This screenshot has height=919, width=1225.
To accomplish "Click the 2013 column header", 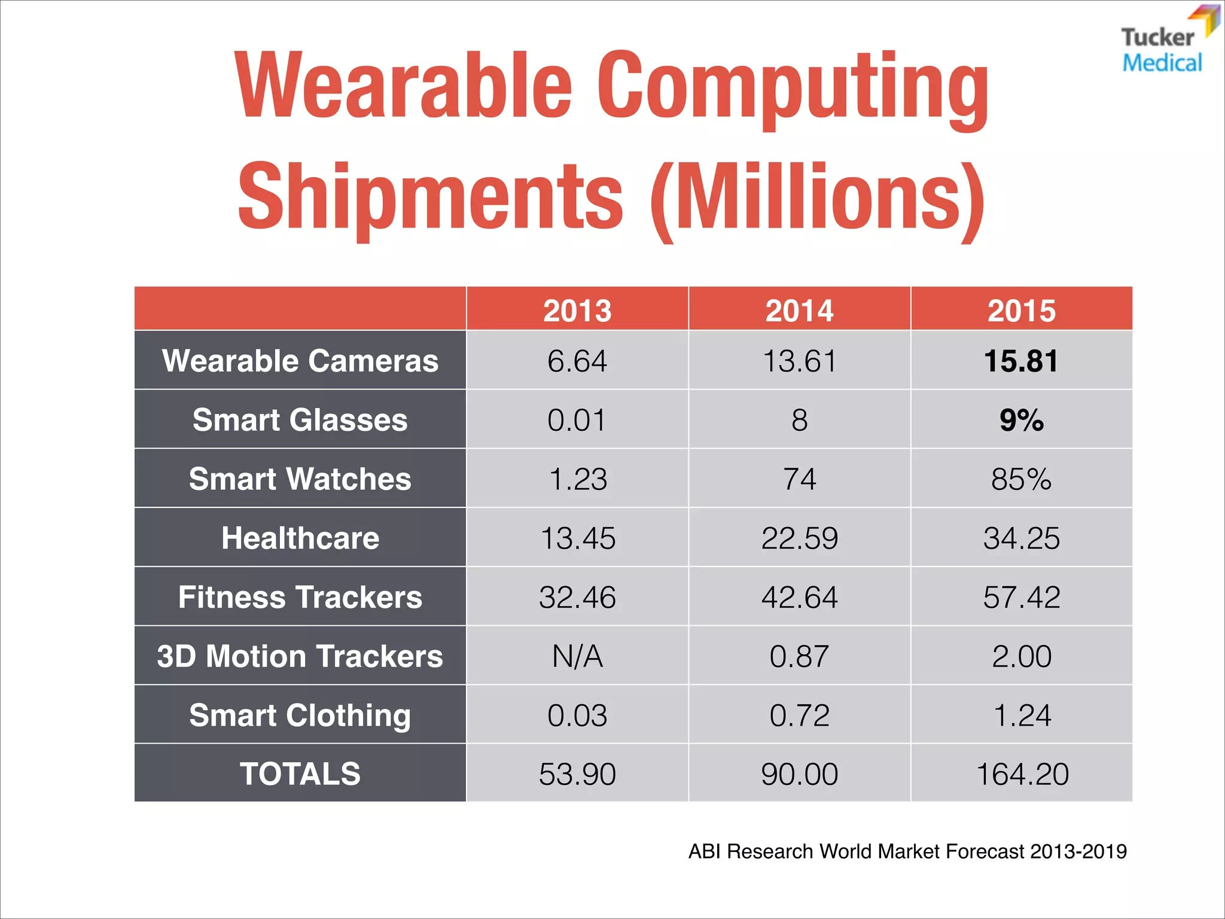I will click(x=577, y=310).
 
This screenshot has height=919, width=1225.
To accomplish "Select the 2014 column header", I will click(x=799, y=310).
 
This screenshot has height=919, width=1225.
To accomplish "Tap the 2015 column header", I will click(x=1022, y=310).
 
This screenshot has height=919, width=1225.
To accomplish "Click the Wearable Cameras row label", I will click(x=300, y=361).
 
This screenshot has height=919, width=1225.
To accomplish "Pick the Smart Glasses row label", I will click(x=300, y=419).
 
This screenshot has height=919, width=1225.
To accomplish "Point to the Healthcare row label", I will click(x=300, y=538).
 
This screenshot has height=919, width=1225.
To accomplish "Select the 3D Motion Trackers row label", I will click(x=300, y=656).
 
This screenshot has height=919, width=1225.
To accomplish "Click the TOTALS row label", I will click(x=300, y=774).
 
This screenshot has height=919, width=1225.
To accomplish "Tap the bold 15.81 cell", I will click(x=1022, y=361).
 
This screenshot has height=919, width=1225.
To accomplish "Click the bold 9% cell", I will click(x=1022, y=419).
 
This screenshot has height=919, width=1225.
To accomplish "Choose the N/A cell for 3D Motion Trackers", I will click(x=577, y=656).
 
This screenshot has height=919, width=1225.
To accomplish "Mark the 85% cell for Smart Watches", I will click(x=1022, y=479).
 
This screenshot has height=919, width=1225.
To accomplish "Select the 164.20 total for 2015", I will click(x=1022, y=774).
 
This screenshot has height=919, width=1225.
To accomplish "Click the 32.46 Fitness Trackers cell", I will click(x=577, y=597).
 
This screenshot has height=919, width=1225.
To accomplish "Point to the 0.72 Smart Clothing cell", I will click(x=799, y=715).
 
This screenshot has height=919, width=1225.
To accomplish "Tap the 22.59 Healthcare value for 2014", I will click(x=799, y=538).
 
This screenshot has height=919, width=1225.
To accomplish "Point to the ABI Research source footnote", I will click(x=907, y=851).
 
